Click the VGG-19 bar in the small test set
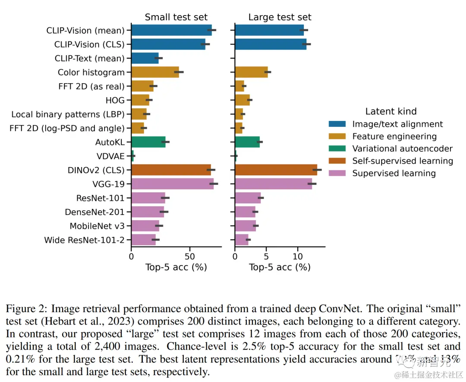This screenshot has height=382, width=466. tap(172, 184)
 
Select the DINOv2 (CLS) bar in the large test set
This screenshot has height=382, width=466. tap(276, 170)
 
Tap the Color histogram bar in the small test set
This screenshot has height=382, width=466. tap(155, 73)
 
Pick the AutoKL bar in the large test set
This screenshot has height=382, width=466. tap(247, 142)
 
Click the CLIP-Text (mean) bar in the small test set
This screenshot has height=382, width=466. tap(145, 58)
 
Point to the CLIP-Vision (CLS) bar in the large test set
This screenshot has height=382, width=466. tap(271, 44)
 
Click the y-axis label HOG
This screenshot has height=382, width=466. tap(115, 101)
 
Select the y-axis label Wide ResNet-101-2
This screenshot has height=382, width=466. tap(85, 240)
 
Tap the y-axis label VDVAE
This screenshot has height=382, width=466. tap(110, 156)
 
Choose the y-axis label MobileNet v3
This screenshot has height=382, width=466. tap(97, 226)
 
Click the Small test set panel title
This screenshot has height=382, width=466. tap(176, 17)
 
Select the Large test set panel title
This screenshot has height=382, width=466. tap(280, 17)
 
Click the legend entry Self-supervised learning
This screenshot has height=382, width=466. tap(403, 161)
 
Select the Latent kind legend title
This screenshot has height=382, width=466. tap(391, 111)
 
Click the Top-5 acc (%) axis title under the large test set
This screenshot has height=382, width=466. tap(280, 267)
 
